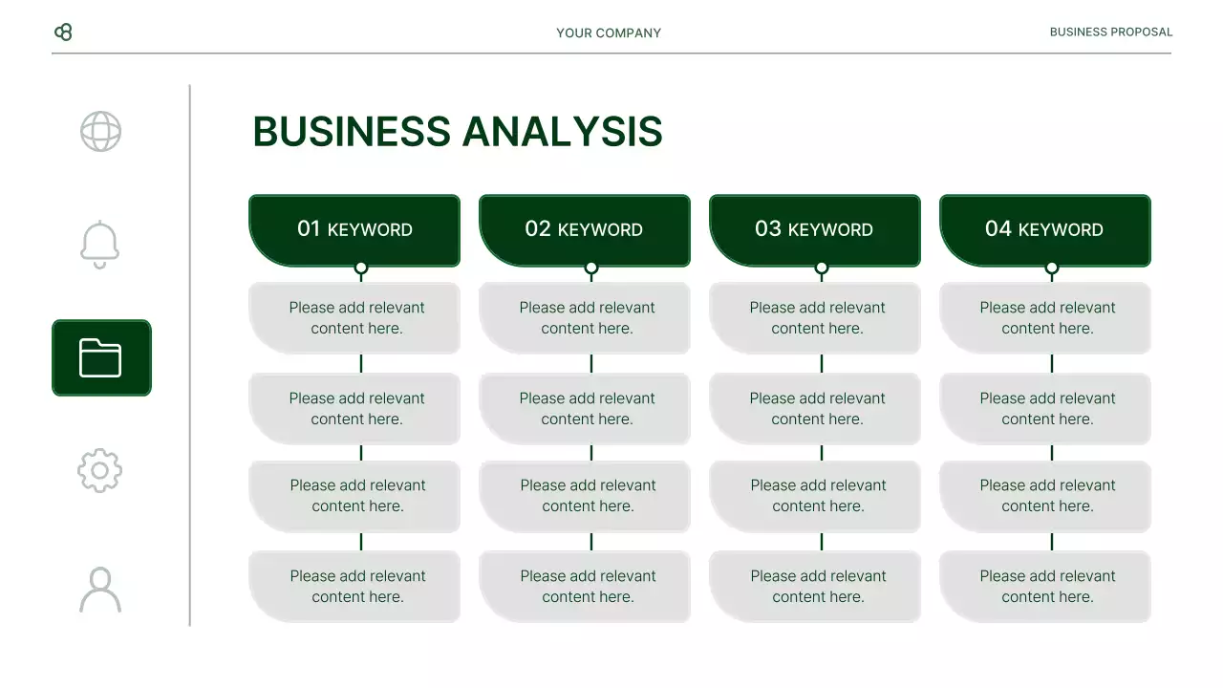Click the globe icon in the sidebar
[100, 132]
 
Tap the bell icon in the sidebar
[100, 244]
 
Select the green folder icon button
[101, 357]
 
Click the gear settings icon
[100, 470]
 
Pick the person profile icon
[100, 589]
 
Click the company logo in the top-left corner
[63, 32]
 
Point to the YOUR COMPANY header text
[609, 32]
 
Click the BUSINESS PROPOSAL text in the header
[1110, 32]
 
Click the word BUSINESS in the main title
[351, 132]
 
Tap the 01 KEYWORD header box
[354, 229]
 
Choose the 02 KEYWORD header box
[584, 229]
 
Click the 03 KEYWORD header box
[814, 229]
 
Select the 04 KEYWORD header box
[1044, 229]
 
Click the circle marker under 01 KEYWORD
[361, 269]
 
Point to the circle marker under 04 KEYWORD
[1052, 269]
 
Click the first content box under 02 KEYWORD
[586, 318]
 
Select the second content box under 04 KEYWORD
[1046, 409]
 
